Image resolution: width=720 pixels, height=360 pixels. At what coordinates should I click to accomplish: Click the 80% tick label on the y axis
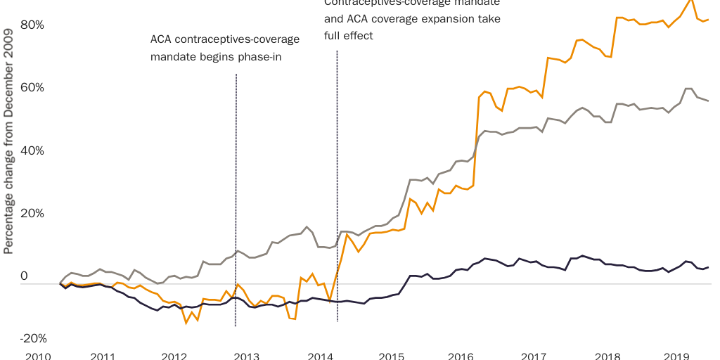pyautogui.click(x=33, y=25)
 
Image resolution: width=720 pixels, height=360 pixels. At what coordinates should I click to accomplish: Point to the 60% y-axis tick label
pyautogui.click(x=33, y=88)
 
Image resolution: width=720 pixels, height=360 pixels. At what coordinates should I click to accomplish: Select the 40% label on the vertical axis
pyautogui.click(x=33, y=151)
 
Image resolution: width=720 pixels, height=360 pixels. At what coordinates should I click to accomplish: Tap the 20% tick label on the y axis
pyautogui.click(x=33, y=214)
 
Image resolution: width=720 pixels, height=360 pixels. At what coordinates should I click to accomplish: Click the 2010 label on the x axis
pyautogui.click(x=38, y=356)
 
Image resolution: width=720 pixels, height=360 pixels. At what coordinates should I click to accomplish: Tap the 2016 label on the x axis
pyautogui.click(x=461, y=356)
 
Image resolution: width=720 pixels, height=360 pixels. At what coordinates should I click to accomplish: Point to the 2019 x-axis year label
pyautogui.click(x=676, y=356)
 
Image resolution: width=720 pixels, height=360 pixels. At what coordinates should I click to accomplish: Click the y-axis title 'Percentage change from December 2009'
pyautogui.click(x=9, y=141)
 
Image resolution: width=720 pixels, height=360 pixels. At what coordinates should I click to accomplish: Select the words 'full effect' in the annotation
pyautogui.click(x=348, y=35)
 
